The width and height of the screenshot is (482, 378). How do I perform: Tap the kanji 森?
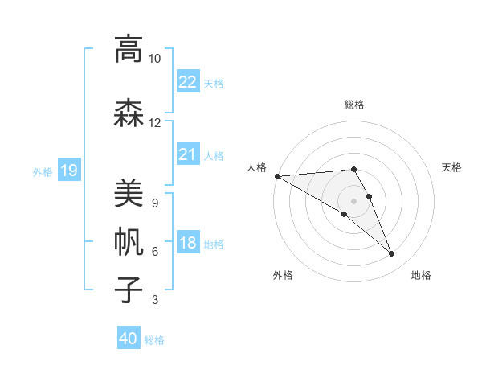click(x=129, y=113)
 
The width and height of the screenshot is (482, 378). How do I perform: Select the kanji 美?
click(x=129, y=193)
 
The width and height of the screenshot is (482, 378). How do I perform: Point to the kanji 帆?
click(x=129, y=241)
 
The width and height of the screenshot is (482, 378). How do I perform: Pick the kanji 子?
click(x=129, y=290)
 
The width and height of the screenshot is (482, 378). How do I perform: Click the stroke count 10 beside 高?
click(x=154, y=59)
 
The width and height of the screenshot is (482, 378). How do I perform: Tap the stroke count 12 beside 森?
click(x=154, y=123)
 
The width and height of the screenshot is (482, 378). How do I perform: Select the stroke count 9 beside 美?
click(x=154, y=203)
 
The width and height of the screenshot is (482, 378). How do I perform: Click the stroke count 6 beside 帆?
click(x=154, y=252)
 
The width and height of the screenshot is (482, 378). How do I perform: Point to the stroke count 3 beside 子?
click(x=154, y=301)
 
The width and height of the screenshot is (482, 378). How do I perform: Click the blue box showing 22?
click(x=187, y=81)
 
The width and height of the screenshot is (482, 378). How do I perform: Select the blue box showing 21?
click(x=187, y=154)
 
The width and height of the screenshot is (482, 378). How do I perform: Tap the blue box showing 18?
click(x=187, y=243)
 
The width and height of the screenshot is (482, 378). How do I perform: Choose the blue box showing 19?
click(x=68, y=170)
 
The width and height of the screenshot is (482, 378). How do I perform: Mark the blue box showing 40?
click(x=129, y=339)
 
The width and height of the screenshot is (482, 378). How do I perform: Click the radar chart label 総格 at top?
click(x=354, y=105)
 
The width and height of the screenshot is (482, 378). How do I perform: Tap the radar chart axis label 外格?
click(x=283, y=275)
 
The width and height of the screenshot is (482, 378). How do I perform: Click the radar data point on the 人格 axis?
click(x=277, y=176)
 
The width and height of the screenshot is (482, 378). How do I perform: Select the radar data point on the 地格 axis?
click(x=392, y=254)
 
